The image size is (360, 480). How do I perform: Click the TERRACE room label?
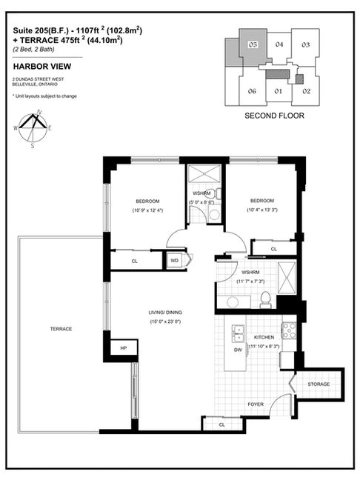pyautogui.click(x=61, y=329)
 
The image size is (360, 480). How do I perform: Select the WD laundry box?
pyautogui.click(x=175, y=261)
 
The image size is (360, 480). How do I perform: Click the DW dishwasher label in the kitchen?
pyautogui.click(x=238, y=350)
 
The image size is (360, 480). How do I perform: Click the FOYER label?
pyautogui.click(x=256, y=404)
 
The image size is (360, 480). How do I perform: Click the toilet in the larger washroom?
pyautogui.click(x=264, y=299)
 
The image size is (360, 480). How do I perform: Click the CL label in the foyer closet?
pyautogui.click(x=221, y=424)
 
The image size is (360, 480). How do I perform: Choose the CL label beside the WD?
pyautogui.click(x=134, y=261)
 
